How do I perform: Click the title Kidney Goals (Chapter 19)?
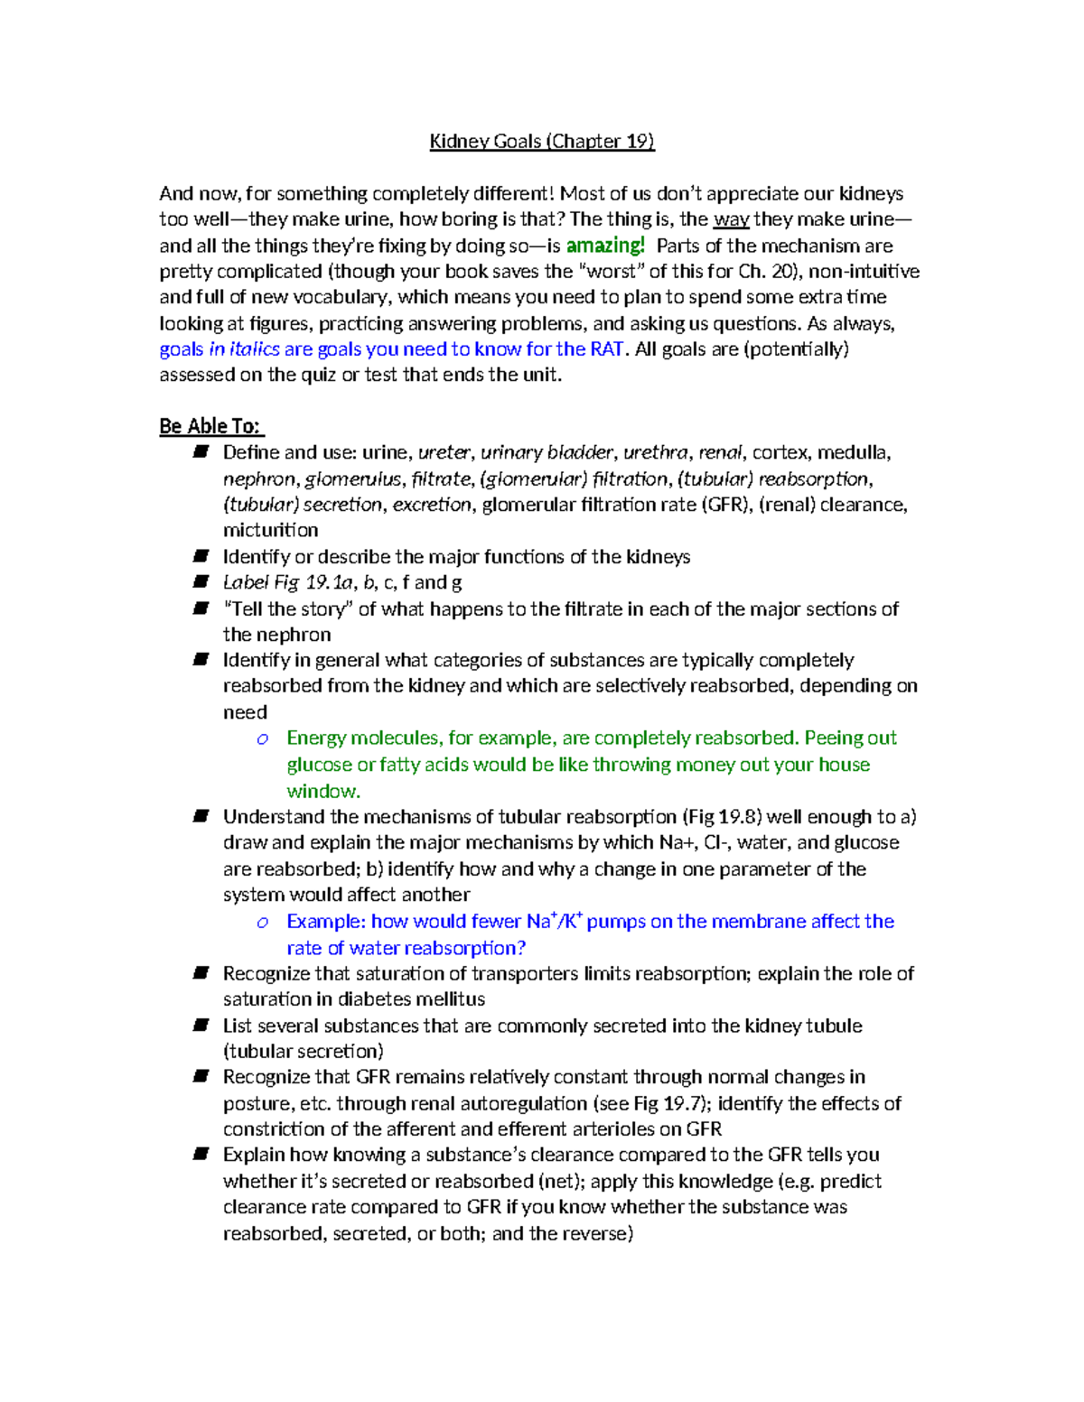pyautogui.click(x=541, y=141)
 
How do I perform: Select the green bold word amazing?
pyautogui.click(x=605, y=246)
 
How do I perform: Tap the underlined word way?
pyautogui.click(x=731, y=219)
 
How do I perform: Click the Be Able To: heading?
pyautogui.click(x=211, y=426)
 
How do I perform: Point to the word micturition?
pyautogui.click(x=270, y=531)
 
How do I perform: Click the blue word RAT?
pyautogui.click(x=607, y=349)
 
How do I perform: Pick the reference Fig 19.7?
pyautogui.click(x=671, y=1103)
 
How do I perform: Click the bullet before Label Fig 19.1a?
pyautogui.click(x=201, y=582)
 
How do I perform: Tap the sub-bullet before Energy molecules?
pyautogui.click(x=262, y=739)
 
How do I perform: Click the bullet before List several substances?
pyautogui.click(x=201, y=1026)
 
